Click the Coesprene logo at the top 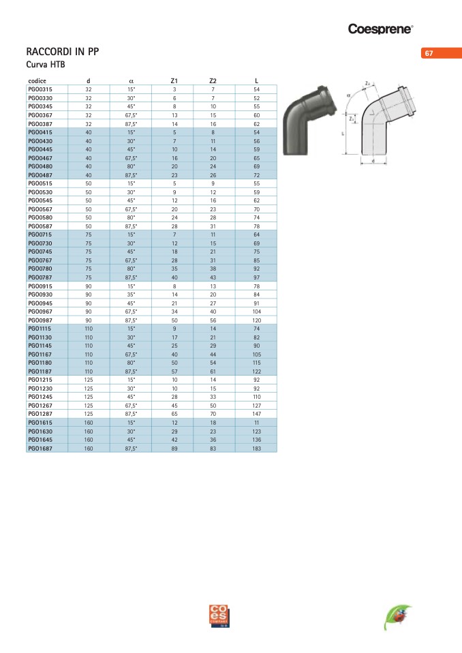tap(380, 29)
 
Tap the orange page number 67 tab tap(442, 53)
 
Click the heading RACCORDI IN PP tap(63, 52)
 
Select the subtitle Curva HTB tap(46, 65)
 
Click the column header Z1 tap(174, 81)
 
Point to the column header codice tap(37, 81)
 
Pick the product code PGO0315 tap(40, 89)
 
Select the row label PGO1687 tap(40, 449)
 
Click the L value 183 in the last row tap(256, 449)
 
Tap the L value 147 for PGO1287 tap(256, 414)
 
